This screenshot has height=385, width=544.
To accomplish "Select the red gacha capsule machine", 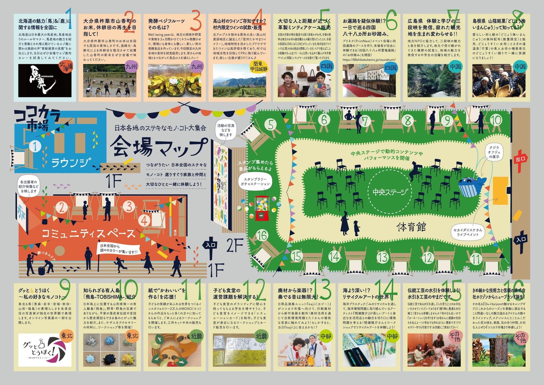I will [262, 208].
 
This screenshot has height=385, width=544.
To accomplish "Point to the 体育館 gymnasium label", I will [411, 227].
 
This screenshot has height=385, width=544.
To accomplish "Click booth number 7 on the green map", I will [364, 121].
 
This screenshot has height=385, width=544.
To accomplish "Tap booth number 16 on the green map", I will [262, 235].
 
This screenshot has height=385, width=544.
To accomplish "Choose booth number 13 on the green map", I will [382, 257].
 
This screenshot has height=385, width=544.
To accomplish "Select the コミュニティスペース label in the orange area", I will [89, 234].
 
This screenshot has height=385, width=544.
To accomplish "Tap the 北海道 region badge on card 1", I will [66, 67].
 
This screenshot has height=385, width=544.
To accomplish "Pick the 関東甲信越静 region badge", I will [258, 67].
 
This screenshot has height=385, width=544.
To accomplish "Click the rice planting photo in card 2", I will [110, 81].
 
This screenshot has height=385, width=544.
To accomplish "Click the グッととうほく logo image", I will [45, 350].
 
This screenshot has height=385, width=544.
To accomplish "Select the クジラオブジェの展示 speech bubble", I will [494, 152].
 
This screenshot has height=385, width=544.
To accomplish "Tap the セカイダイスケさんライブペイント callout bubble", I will [468, 232].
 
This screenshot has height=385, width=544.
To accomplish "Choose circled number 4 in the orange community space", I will [145, 221].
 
